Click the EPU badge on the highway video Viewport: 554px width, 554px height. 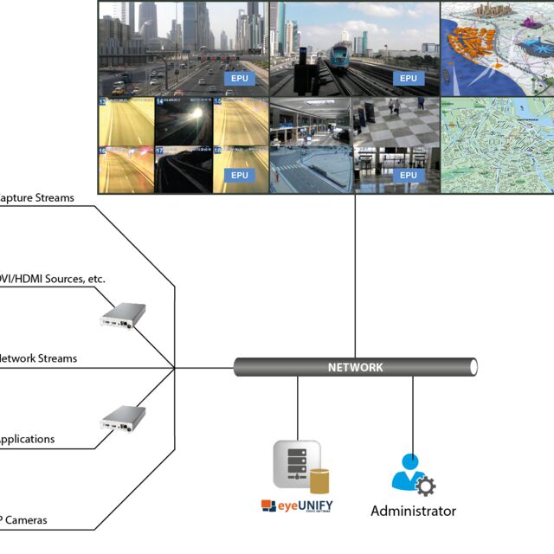coord(240,79)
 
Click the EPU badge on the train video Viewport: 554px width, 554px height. coord(409,79)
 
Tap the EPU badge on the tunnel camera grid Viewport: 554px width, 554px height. coord(240,176)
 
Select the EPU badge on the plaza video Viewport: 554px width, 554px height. coord(409,176)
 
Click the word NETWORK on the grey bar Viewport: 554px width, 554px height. coord(355,367)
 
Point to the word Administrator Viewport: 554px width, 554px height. coord(413,511)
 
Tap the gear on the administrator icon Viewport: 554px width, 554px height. coord(425,485)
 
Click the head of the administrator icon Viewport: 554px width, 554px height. coord(410,462)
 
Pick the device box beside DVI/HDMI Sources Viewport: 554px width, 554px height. coord(122,315)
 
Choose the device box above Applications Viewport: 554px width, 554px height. coord(122,418)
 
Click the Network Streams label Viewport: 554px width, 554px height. coord(38,358)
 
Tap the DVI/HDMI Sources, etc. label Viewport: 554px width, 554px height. coord(52,279)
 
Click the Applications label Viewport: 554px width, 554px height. coord(27,439)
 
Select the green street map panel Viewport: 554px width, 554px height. coord(497,145)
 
